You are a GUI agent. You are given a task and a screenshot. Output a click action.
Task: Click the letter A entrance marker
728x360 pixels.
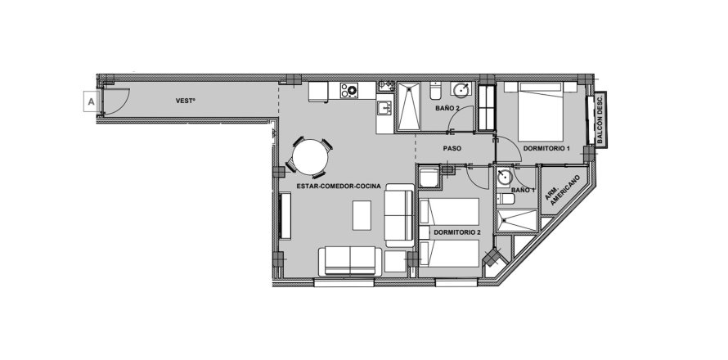point(91,101)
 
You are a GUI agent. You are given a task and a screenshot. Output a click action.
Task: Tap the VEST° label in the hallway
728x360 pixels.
point(185,101)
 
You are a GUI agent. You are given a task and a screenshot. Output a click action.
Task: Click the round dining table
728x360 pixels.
point(310,157)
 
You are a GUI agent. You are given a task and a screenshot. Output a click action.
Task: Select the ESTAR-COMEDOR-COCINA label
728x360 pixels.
point(339,187)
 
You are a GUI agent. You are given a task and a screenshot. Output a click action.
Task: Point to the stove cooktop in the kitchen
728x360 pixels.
point(348,90)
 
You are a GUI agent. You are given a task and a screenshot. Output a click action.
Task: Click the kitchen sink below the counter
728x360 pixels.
point(384,108)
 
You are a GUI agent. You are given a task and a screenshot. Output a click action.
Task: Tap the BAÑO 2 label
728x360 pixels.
point(447,108)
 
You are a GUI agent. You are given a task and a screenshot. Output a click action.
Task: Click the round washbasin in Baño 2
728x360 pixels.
point(461,90)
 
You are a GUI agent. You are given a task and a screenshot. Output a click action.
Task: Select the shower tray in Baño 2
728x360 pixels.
point(408,106)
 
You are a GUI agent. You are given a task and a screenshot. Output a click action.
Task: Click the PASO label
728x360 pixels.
point(452,149)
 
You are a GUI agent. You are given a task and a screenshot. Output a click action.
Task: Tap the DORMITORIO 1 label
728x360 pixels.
point(546,149)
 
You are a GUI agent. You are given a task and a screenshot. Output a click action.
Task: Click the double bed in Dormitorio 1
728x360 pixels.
point(541,111)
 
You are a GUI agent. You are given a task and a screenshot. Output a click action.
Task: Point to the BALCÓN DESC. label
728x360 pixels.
point(600,119)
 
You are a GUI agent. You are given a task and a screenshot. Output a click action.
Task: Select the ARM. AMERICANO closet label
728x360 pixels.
point(563,190)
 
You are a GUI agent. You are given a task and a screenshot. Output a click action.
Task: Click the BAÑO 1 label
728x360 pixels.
point(524,190)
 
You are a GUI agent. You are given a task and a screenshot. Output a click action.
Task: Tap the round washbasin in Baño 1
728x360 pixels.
point(504,177)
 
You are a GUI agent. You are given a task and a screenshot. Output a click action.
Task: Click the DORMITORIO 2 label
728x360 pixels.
point(457,232)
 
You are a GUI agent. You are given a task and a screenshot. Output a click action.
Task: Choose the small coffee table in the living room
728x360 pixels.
point(362,215)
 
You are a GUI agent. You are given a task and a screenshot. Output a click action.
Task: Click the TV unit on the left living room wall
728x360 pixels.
point(285,216)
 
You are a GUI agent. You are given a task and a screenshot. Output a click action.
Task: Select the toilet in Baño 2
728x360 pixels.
point(435,91)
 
